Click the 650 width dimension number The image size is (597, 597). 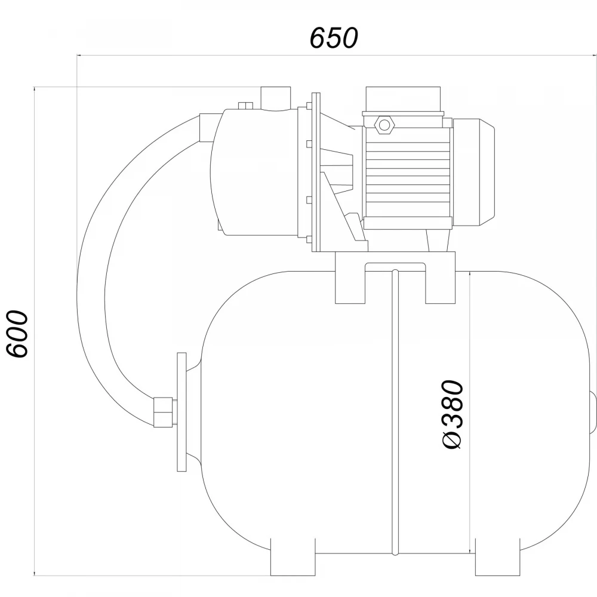click(x=334, y=38)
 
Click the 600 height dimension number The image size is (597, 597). click(x=18, y=334)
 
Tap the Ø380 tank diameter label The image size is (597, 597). click(x=453, y=415)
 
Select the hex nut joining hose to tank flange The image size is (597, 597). click(x=163, y=413)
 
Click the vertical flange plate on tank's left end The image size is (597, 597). click(x=182, y=412)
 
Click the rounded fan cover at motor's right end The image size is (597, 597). click(x=473, y=171)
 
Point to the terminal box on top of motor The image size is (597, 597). click(x=403, y=102)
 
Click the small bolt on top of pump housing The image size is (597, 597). click(x=245, y=106)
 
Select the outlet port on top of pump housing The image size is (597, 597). click(x=275, y=99)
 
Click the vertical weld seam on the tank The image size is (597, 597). click(x=395, y=413)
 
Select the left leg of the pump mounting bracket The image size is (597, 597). click(x=350, y=278)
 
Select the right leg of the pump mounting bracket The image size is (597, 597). click(x=441, y=278)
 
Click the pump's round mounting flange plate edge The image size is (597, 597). click(x=316, y=172)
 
